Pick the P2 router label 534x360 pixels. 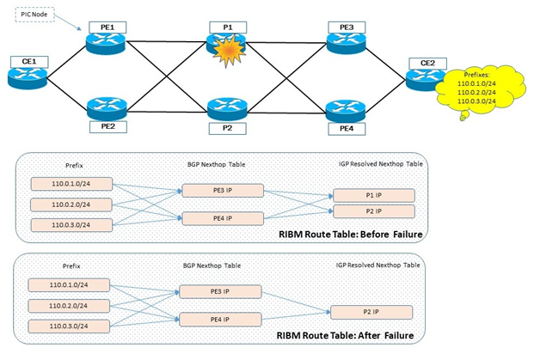(x=229, y=128)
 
